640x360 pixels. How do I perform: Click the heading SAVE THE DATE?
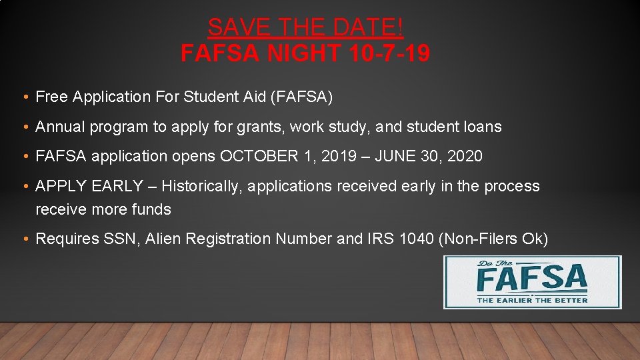click(305, 27)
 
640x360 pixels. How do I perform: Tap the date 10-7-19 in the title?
click(389, 53)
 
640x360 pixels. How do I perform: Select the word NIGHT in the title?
click(303, 53)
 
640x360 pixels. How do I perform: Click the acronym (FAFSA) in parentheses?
click(301, 97)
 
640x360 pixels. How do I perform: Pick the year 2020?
click(464, 157)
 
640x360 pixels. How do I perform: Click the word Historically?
click(201, 186)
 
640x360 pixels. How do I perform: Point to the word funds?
click(151, 209)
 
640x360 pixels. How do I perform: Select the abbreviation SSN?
click(120, 239)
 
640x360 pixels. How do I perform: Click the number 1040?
click(415, 239)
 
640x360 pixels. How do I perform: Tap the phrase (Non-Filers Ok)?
click(493, 239)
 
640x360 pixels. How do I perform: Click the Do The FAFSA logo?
click(532, 282)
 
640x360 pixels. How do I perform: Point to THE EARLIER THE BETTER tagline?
click(532, 299)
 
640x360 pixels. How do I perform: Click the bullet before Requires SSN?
click(25, 239)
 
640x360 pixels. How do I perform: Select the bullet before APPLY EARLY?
click(25, 187)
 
